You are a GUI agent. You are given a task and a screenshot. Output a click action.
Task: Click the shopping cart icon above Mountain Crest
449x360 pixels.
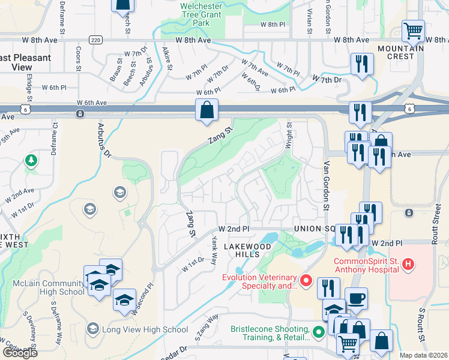pos(413,30)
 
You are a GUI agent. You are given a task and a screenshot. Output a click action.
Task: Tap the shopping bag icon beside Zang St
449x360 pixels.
pos(206,110)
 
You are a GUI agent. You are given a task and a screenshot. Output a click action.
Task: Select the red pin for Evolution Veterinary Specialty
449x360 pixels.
pos(306,280)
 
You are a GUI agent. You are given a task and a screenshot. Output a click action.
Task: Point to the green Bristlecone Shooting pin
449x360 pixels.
pos(318,329)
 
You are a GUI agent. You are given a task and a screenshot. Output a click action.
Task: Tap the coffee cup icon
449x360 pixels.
pos(356,298)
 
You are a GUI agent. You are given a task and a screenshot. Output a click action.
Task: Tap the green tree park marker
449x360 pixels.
pos(31,160)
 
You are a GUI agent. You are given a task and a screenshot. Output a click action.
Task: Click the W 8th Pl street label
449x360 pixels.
pos(273,24)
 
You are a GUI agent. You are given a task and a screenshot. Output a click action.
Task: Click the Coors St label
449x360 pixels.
pos(78,58)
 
